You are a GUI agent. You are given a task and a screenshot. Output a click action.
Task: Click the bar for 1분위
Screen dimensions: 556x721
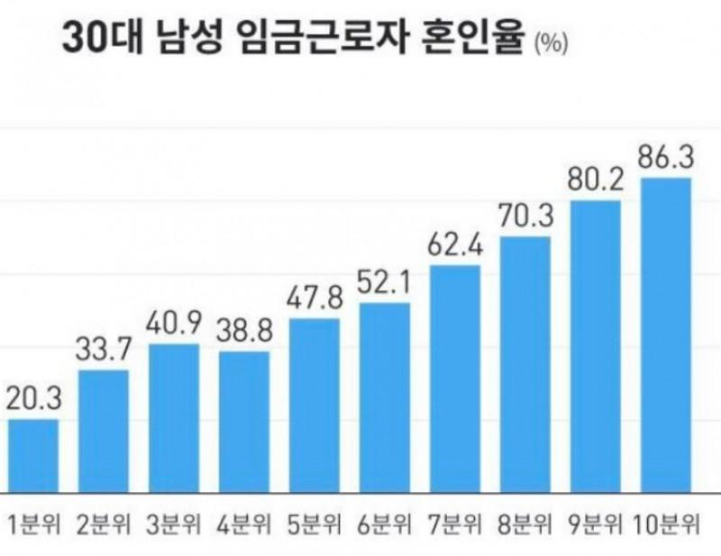(x=32, y=456)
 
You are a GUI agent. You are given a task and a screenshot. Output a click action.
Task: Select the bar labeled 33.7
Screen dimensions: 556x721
(x=104, y=431)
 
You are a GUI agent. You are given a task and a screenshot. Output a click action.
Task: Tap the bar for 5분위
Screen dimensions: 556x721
(x=315, y=406)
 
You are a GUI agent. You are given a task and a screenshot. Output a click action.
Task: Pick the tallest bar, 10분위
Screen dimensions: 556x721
(x=665, y=335)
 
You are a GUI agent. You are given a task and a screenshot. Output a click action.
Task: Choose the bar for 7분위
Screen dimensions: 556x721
(x=454, y=378)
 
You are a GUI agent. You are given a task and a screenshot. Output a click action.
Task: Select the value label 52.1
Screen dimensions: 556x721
(x=385, y=283)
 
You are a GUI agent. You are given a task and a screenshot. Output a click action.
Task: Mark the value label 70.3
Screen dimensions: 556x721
(x=525, y=216)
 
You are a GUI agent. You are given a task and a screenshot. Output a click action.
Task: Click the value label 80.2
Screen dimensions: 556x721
(x=596, y=179)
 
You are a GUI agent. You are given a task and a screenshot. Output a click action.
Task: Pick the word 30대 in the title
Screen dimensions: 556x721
(x=96, y=39)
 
